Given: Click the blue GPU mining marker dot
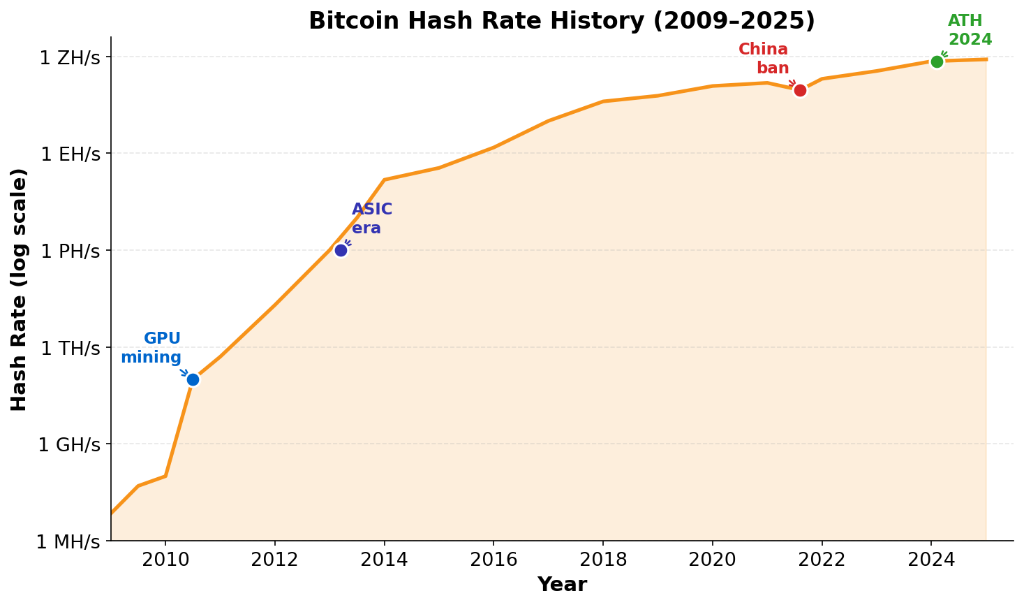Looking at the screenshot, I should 193,379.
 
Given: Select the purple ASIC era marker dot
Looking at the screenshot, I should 341,250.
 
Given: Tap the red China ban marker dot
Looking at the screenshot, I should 800,90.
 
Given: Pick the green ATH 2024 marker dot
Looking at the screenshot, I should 937,61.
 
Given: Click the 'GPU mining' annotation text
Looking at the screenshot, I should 151,348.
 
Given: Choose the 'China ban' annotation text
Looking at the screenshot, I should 764,59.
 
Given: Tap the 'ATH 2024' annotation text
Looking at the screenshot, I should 970,30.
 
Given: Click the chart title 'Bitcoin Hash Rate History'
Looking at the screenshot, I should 561,21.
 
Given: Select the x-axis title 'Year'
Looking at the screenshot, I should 562,585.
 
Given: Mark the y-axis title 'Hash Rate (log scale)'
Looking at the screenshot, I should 19,289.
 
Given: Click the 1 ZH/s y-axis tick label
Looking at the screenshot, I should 70,57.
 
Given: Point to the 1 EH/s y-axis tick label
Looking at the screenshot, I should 71,154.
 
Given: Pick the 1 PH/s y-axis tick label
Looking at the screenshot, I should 71,251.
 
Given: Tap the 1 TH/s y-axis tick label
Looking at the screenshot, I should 71,348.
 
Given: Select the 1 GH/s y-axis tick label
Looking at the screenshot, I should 69,444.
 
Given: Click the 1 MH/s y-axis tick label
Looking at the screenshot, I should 68,541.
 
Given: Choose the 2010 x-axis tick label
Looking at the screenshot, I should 165,560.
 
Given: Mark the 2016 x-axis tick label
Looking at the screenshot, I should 494,560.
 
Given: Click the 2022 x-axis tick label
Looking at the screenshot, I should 822,560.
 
